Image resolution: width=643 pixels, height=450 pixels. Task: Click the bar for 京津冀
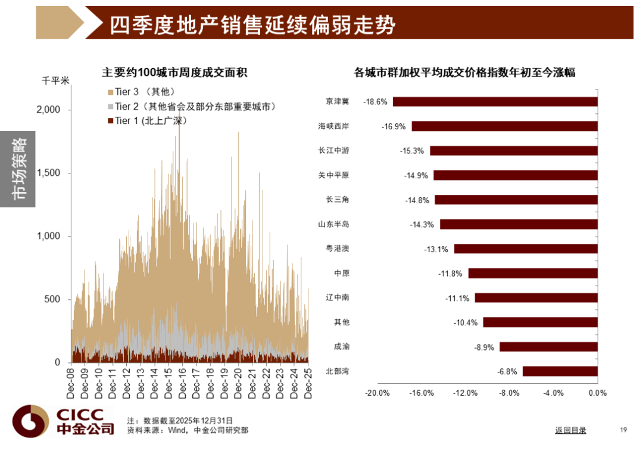click(495, 102)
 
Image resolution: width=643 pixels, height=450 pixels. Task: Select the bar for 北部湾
click(560, 371)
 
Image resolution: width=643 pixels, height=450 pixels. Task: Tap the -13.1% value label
click(436, 249)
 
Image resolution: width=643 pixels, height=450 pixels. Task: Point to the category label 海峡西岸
click(333, 126)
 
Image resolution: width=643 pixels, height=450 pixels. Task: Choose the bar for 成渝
click(548, 347)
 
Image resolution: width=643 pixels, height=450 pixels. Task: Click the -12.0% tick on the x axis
click(465, 393)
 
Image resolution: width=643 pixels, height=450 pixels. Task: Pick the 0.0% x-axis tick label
click(597, 393)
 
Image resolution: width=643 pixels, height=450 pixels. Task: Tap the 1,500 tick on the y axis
click(49, 173)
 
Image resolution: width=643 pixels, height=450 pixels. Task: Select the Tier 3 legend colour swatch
click(110, 92)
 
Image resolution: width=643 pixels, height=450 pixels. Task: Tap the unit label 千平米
click(55, 79)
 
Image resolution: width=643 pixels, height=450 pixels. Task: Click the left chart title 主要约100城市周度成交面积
click(174, 73)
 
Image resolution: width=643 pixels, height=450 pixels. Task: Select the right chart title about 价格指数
click(464, 73)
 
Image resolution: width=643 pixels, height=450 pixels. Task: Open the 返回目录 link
click(570, 430)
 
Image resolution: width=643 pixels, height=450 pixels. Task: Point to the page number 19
click(623, 430)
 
